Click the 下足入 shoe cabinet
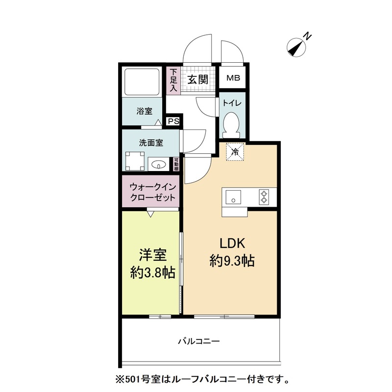pyautogui.click(x=173, y=80)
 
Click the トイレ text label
pyautogui.click(x=231, y=103)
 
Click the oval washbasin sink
pyautogui.click(x=157, y=165)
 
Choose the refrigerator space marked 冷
pyautogui.click(x=235, y=151)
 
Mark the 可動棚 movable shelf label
pyautogui.click(x=176, y=164)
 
